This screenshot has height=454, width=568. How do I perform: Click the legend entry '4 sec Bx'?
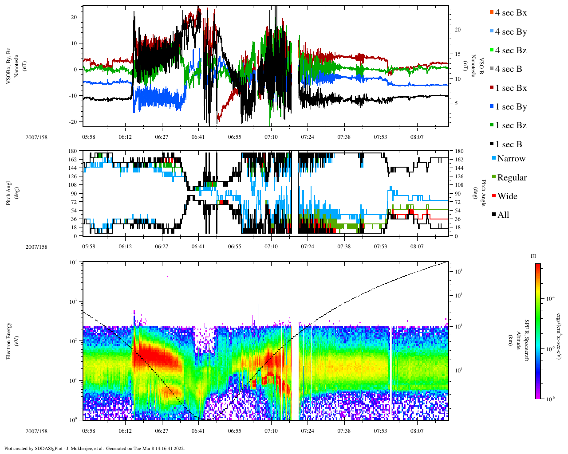click(x=511, y=13)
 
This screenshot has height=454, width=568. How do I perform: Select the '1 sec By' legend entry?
click(x=511, y=107)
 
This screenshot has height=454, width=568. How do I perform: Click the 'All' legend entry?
click(x=503, y=215)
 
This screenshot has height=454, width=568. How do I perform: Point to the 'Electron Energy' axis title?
click(x=9, y=340)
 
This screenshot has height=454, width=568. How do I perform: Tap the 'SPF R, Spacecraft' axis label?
click(x=527, y=340)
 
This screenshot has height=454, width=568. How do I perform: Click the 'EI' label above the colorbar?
click(x=534, y=256)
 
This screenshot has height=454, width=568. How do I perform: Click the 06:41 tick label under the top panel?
click(x=198, y=137)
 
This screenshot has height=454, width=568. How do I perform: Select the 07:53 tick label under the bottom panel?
click(x=380, y=431)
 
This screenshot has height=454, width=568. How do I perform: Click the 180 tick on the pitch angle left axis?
click(x=72, y=151)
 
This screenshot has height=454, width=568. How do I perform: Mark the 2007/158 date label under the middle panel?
click(x=36, y=247)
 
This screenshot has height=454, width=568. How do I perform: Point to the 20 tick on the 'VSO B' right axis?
click(x=458, y=30)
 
